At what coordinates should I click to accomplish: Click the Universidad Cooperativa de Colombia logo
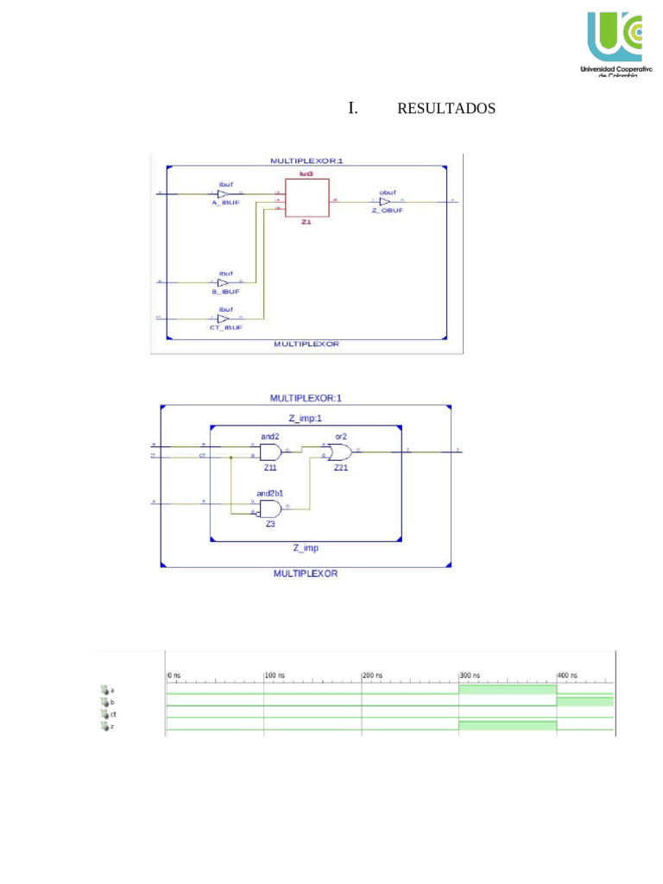point(615,43)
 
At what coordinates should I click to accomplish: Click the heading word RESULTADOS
point(445,109)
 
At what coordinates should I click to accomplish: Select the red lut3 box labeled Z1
point(306,199)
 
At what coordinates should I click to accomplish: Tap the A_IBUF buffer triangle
point(223,193)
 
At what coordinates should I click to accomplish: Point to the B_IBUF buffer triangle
point(223,282)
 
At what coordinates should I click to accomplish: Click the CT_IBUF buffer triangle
point(223,319)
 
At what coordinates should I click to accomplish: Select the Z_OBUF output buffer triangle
point(385,201)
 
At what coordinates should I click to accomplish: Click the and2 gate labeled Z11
point(269,451)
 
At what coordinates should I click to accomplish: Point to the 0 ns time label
point(174,675)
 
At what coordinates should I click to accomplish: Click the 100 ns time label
point(275,675)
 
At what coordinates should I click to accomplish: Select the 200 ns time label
point(373,675)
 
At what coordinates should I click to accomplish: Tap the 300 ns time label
point(470,675)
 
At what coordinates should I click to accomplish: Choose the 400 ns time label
point(567,675)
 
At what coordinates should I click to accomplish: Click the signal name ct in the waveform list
point(113,715)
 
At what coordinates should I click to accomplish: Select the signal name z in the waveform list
point(112,727)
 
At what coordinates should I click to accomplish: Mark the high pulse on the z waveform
point(507,725)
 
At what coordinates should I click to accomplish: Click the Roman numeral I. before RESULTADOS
point(352,109)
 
